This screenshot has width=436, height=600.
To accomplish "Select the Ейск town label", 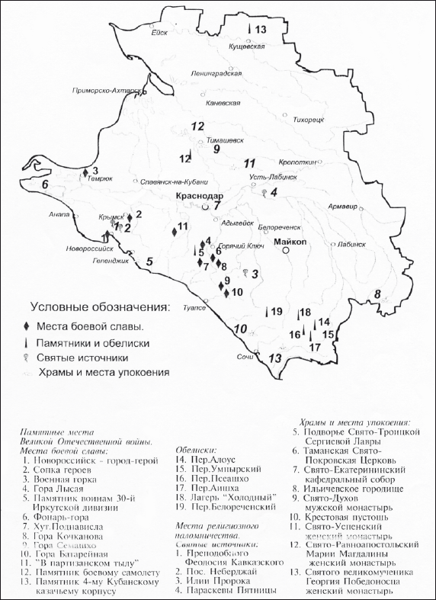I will click(x=159, y=32).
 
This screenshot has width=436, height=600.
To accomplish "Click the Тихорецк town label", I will click(x=309, y=120).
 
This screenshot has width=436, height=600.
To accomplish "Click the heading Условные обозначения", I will click(x=99, y=308).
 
